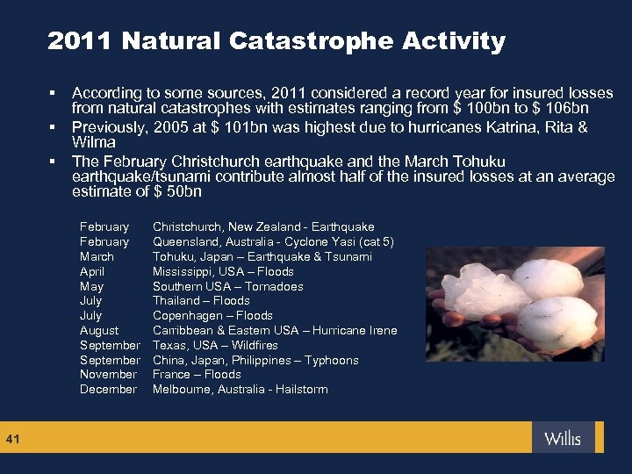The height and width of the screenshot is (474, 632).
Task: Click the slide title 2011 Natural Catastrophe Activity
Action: [276, 41]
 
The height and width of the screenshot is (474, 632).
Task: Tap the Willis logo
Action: [562, 438]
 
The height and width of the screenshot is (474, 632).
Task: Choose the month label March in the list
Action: [97, 256]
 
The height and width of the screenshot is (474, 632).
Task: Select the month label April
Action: [92, 271]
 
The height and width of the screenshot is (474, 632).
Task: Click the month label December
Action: [108, 389]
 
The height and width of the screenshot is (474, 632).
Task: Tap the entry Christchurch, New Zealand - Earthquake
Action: [263, 226]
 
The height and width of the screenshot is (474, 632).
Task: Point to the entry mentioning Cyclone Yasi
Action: [273, 241]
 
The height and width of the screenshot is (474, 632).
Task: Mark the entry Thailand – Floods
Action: [201, 300]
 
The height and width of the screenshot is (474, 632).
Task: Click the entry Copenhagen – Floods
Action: [212, 315]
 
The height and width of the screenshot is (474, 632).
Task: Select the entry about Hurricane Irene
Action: [275, 330]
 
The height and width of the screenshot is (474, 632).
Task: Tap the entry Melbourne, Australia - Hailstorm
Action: [240, 389]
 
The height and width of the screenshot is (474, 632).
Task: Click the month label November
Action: [109, 374]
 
